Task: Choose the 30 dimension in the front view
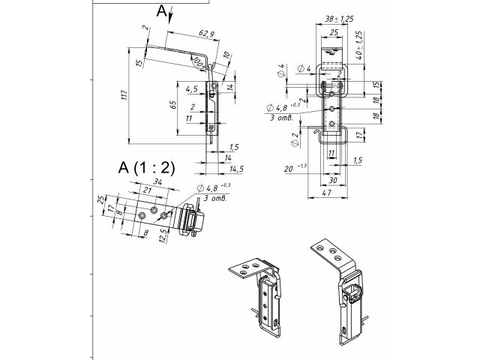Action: point(333,181)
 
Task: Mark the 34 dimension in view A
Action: point(157,181)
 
